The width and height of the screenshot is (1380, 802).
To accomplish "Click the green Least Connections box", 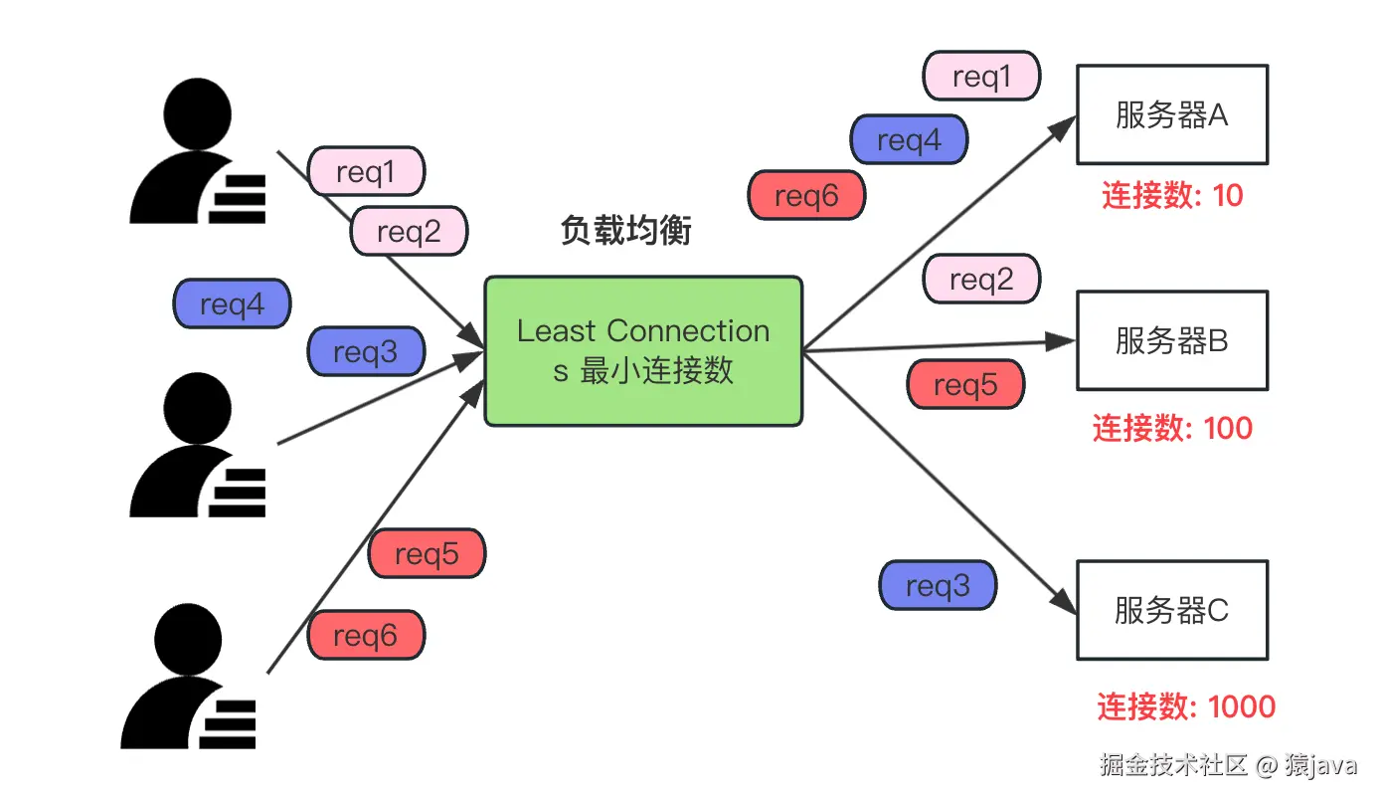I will [x=643, y=351].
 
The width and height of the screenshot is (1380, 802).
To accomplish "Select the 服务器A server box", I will [x=1172, y=114].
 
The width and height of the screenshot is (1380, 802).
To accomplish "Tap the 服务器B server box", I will [x=1172, y=340].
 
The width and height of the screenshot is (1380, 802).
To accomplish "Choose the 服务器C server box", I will [x=1172, y=610].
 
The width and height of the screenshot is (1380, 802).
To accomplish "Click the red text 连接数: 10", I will [x=1172, y=195].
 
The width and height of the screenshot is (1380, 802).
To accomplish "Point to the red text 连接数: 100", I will [x=1172, y=428].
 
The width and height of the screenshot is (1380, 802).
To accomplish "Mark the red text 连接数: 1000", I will [x=1185, y=706].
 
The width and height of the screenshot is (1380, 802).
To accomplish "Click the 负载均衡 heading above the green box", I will [x=625, y=231].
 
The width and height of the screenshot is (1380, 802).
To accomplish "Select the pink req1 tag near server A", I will [x=981, y=77].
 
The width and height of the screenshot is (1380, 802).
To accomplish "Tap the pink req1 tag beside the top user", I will [x=366, y=172].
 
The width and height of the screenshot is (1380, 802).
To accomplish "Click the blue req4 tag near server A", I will [x=909, y=140].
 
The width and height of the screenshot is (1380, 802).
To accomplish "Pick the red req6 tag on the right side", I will [x=806, y=195].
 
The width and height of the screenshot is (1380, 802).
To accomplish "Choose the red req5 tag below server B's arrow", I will [x=965, y=385].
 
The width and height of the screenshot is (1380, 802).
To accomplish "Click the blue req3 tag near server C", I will [x=938, y=585].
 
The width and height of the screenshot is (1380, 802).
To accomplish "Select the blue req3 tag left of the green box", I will [x=365, y=351].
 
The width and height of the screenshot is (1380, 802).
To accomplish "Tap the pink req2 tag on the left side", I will [x=409, y=232].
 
